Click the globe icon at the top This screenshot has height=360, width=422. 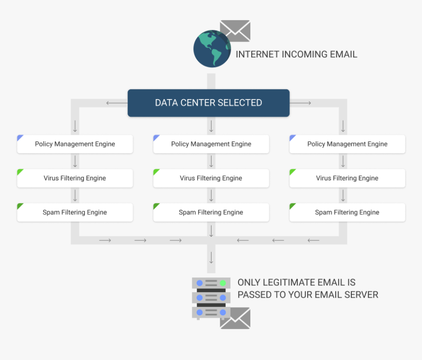[211, 49]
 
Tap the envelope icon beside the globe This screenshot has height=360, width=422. [235, 30]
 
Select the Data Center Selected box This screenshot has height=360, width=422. [209, 103]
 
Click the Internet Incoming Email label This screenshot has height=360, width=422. [296, 54]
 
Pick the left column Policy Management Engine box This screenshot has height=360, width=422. [75, 144]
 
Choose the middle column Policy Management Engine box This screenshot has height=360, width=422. [211, 144]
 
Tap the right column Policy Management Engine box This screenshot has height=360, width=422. [347, 144]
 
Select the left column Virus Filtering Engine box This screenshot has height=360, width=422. [75, 179]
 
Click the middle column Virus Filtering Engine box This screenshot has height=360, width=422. [211, 179]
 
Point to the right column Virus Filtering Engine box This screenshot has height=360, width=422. [347, 179]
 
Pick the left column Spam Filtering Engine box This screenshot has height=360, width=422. [75, 212]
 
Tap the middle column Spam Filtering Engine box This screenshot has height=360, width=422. [211, 212]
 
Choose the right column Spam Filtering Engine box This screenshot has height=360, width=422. [347, 212]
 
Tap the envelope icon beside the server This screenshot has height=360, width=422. [235, 318]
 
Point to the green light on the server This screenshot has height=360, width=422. [223, 283]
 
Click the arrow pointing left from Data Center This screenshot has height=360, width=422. [116, 103]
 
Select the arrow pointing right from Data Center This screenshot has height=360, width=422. [301, 103]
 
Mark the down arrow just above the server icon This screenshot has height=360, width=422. [211, 257]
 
